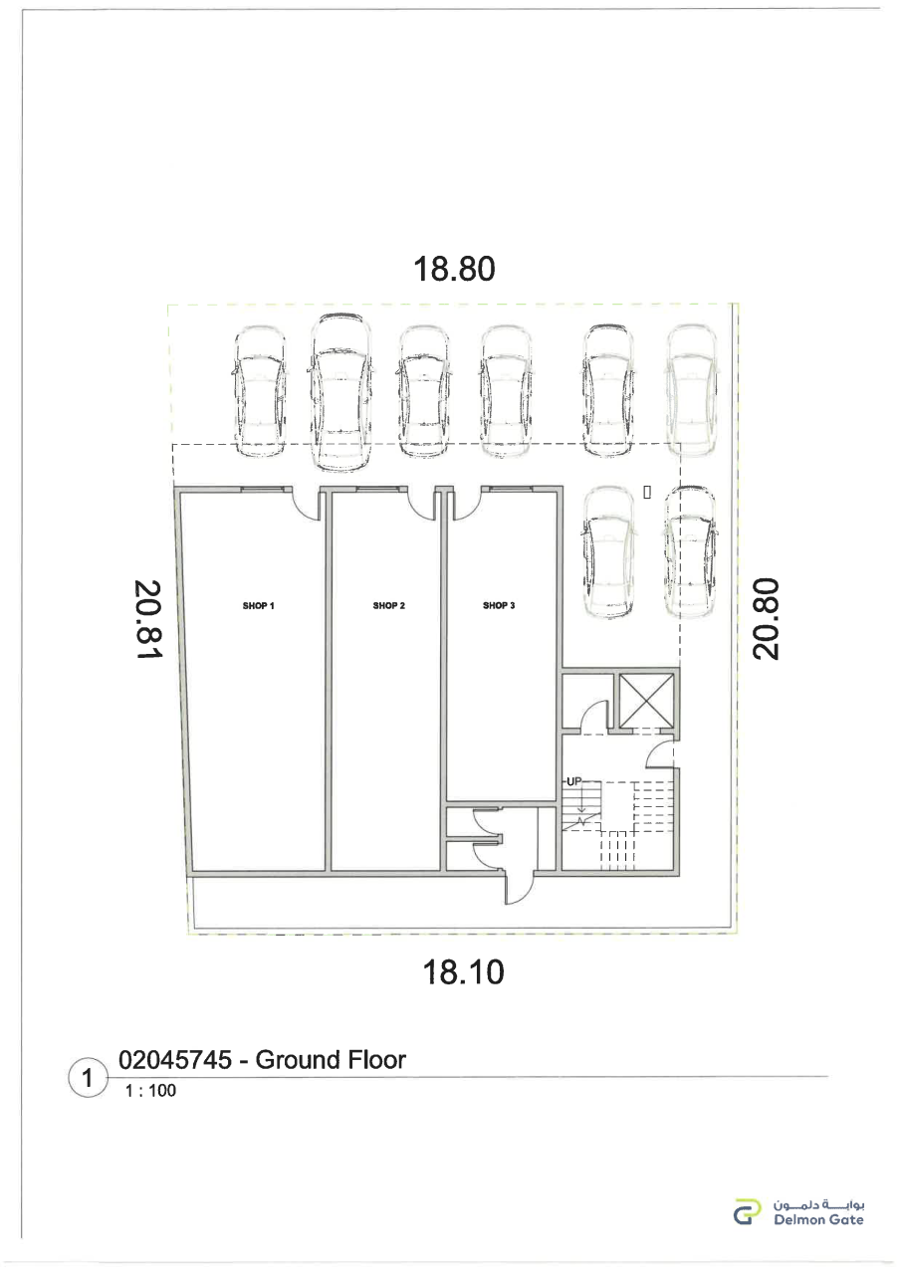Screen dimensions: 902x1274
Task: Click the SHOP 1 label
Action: click(x=258, y=606)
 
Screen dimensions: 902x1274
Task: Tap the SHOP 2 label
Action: click(x=389, y=606)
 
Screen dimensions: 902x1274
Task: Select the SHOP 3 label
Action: click(x=499, y=606)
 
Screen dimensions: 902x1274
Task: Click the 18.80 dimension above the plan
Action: click(x=454, y=269)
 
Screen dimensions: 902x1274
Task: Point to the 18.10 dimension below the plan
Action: click(x=463, y=972)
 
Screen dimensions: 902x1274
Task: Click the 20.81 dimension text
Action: click(x=148, y=619)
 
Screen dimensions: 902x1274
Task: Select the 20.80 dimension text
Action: click(x=765, y=619)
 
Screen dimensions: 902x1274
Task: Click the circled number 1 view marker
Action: click(x=88, y=1078)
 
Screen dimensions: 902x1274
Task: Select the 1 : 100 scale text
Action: click(x=150, y=1090)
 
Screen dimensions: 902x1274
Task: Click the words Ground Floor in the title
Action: click(x=331, y=1060)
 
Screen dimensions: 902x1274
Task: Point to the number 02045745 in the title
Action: click(x=175, y=1060)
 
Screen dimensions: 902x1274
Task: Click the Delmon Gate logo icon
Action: click(x=747, y=1211)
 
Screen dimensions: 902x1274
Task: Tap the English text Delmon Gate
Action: click(x=818, y=1219)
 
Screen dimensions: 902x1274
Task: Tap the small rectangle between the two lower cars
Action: click(x=647, y=493)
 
